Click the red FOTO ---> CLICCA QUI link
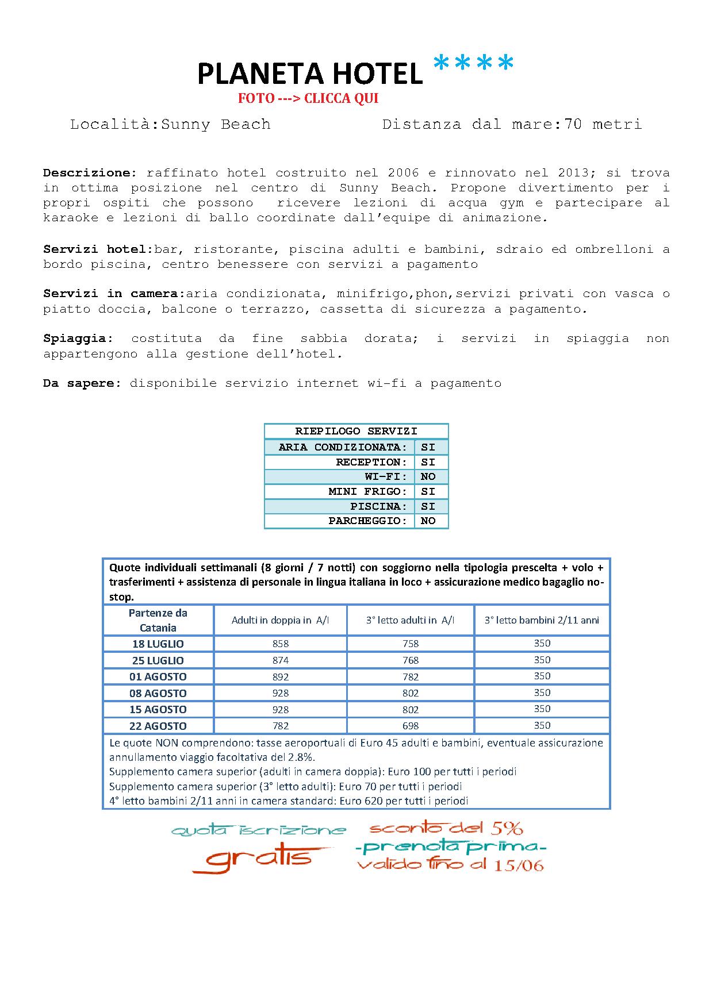point(308,98)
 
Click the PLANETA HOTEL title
point(310,74)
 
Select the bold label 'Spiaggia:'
point(78,339)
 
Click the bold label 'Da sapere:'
point(82,383)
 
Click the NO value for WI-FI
point(428,476)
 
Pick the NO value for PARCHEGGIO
point(428,521)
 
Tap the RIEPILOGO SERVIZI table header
point(356,431)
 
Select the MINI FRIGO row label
point(367,491)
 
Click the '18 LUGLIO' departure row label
point(158,644)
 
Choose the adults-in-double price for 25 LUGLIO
point(281,660)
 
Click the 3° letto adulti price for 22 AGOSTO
point(411,726)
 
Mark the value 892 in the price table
point(281,677)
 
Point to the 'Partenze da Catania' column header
point(158,620)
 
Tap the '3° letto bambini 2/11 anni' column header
point(542,620)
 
